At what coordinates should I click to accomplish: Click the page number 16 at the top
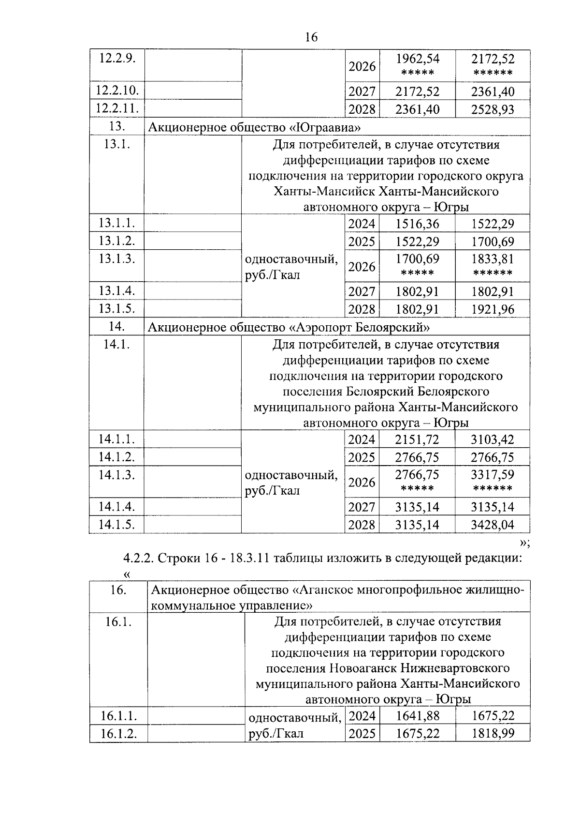coord(311,37)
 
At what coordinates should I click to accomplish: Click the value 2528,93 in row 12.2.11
coord(493,109)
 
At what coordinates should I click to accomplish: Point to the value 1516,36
coord(418,224)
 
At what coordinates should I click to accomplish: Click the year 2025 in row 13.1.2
coord(362,242)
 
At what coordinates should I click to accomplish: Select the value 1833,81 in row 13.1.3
coord(493,259)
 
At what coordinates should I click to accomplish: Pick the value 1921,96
coord(493,309)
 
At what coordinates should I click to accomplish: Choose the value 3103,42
coord(493,439)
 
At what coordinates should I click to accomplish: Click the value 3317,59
coord(493,474)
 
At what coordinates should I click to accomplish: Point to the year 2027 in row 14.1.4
coord(362,507)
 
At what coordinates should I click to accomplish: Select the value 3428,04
coord(493,524)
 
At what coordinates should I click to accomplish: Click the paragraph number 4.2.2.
coord(138,558)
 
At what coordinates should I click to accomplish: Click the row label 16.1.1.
coord(118,716)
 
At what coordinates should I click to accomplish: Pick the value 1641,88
coord(418,716)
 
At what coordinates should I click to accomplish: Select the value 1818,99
coord(493,733)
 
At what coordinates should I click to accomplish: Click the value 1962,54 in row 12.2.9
coord(418,59)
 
